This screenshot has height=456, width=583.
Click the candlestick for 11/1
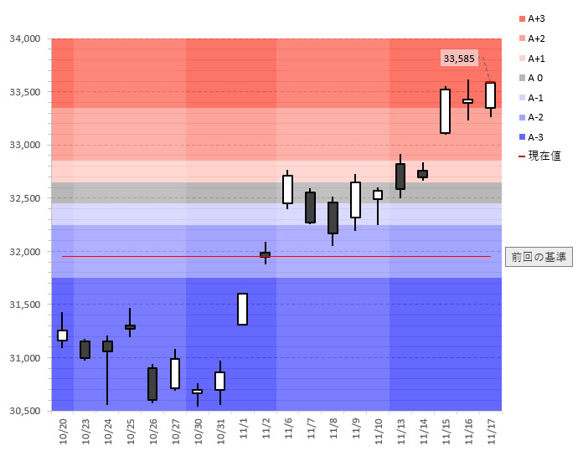(242, 309)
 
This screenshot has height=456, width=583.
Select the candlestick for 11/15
(445, 111)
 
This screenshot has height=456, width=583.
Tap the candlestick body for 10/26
(152, 384)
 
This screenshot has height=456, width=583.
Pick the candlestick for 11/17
(490, 95)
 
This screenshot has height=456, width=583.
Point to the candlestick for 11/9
(355, 200)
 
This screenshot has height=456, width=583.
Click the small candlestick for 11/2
(265, 254)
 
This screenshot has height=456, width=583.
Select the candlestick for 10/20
(62, 335)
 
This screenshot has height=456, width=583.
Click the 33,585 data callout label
(459, 59)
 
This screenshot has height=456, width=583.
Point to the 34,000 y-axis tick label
(25, 38)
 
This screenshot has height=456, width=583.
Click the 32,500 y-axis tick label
(25, 198)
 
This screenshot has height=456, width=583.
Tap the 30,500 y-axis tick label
(25, 411)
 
